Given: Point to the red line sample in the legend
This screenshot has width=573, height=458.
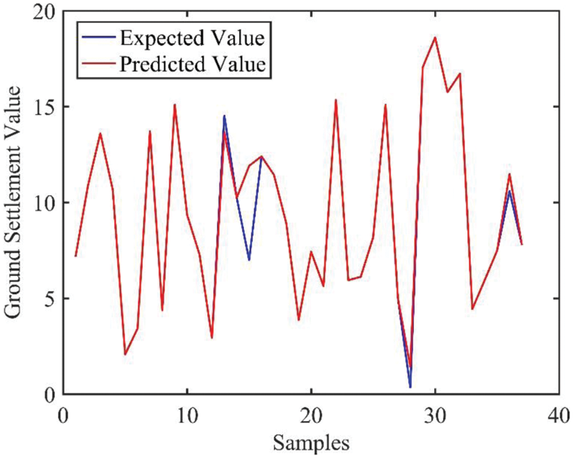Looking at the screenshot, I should [x=96, y=65].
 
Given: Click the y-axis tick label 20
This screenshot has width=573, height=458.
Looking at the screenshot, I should [x=45, y=12].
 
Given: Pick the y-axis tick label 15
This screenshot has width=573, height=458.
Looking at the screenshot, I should [x=45, y=108].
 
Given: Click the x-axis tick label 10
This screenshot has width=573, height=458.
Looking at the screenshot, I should [x=187, y=412].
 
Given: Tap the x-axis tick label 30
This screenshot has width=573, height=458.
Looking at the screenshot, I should [x=435, y=412].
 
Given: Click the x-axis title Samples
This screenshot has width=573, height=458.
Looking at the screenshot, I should [x=311, y=442].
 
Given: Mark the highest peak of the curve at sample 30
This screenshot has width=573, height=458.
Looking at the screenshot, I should [x=435, y=38].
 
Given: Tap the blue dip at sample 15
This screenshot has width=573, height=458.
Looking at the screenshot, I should [x=249, y=260].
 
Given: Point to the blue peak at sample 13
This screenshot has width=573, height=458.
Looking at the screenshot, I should [x=224, y=116].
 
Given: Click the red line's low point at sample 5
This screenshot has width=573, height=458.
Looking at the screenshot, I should [x=125, y=354].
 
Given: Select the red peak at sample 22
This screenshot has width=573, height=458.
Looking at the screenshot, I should [x=336, y=100].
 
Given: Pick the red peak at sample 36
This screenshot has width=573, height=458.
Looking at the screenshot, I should [x=510, y=174].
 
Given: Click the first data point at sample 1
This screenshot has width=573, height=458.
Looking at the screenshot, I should [x=76, y=256].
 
